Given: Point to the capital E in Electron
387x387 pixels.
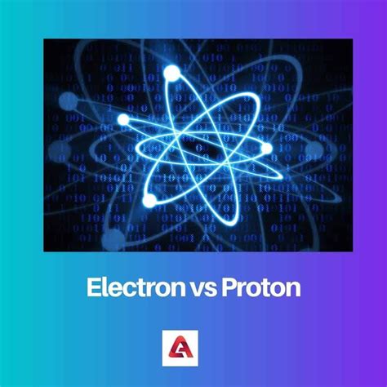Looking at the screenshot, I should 91,288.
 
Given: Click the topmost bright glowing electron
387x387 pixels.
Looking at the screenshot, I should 171,74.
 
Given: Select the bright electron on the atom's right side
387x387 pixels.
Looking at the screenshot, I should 266,148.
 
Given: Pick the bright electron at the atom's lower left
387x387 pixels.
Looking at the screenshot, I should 149,199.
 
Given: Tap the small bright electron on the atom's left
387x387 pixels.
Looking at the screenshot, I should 123,119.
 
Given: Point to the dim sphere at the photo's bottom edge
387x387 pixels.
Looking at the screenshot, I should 114,239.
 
